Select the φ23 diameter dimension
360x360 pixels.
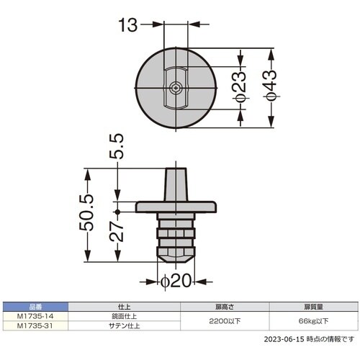(x=240, y=88)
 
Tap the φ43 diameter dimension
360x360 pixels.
(x=269, y=88)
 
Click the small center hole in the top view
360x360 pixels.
(x=176, y=88)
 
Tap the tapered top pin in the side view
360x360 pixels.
(x=176, y=184)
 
